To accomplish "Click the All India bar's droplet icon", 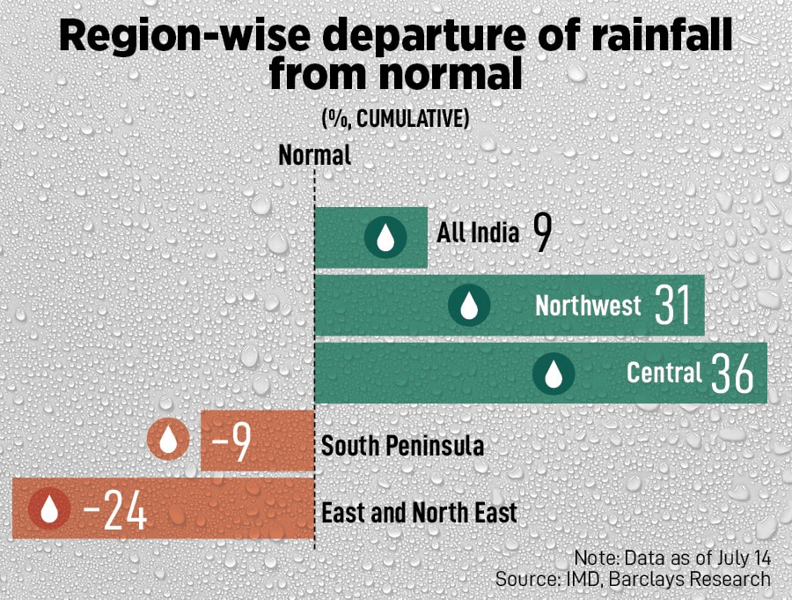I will click(x=385, y=237).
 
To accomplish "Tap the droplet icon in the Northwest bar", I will click(x=469, y=306).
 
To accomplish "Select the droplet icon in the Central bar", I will click(x=554, y=374).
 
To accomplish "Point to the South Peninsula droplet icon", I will click(x=167, y=440).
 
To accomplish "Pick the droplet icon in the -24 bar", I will click(x=49, y=509).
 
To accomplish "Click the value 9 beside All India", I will click(x=542, y=233).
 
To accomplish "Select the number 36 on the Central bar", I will click(x=732, y=374).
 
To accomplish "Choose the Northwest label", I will click(x=588, y=306).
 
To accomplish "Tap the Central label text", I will click(x=664, y=373).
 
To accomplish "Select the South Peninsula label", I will click(x=402, y=446).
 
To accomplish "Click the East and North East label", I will click(x=419, y=512).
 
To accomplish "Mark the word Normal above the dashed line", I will click(x=314, y=155).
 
